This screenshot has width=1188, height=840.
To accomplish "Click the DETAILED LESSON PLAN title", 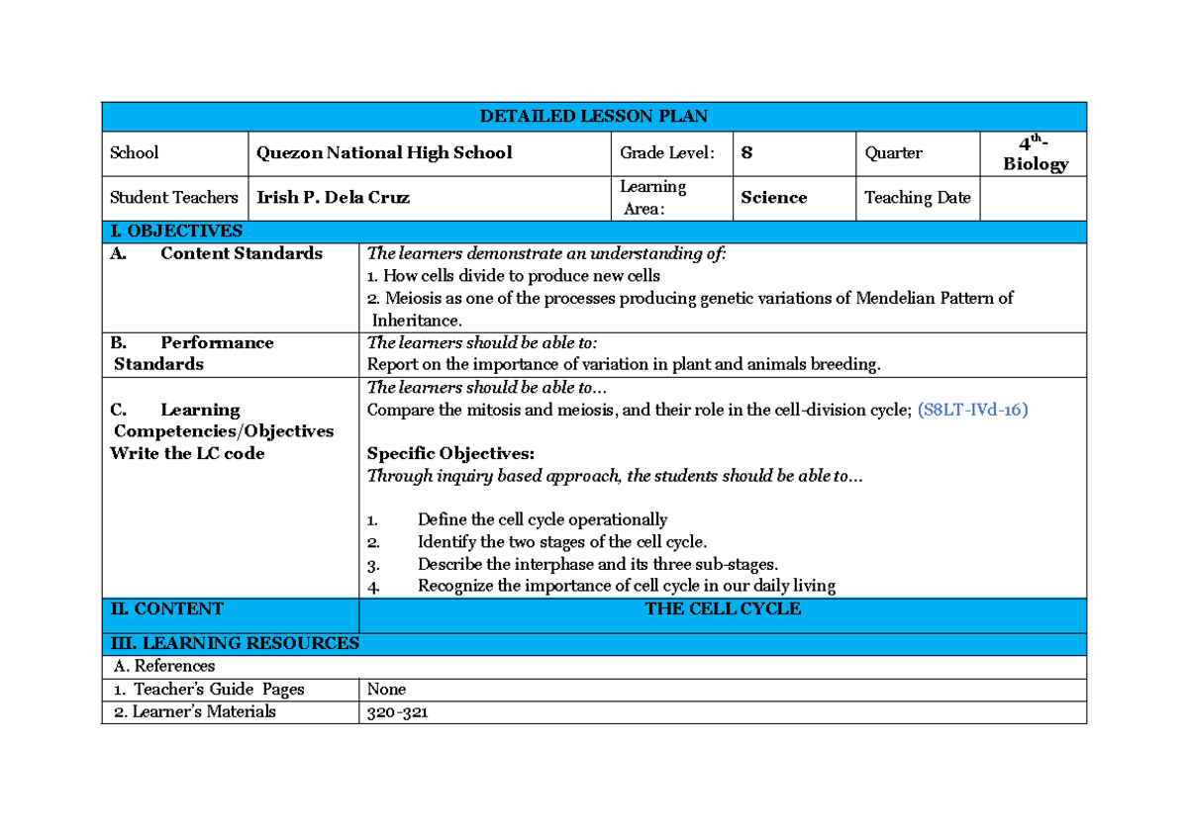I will pyautogui.click(x=593, y=117).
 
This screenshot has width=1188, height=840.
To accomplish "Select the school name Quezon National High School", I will pyautogui.click(x=384, y=153).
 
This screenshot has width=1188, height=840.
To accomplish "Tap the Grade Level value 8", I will pyautogui.click(x=746, y=153).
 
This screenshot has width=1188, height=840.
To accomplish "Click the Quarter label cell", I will pyautogui.click(x=893, y=153).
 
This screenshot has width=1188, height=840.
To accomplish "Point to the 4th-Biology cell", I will pyautogui.click(x=1035, y=154).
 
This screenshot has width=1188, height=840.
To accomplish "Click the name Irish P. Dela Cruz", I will pyautogui.click(x=333, y=198).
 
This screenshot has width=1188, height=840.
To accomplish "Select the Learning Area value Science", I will pyautogui.click(x=773, y=198).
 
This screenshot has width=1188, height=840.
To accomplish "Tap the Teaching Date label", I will pyautogui.click(x=917, y=198).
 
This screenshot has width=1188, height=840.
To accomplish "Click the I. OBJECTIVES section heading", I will pyautogui.click(x=175, y=232).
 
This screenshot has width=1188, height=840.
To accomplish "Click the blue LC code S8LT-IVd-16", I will pyautogui.click(x=972, y=410).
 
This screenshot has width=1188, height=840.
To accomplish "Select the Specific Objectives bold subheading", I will pyautogui.click(x=450, y=454).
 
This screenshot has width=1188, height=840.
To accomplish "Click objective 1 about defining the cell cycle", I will pyautogui.click(x=542, y=519).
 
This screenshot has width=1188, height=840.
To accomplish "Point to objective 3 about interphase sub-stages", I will pyautogui.click(x=597, y=564).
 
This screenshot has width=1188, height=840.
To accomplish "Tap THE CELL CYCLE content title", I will pyautogui.click(x=723, y=609).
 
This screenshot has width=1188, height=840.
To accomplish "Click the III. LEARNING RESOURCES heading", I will pyautogui.click(x=234, y=643).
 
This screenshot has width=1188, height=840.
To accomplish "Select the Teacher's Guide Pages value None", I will pyautogui.click(x=386, y=690).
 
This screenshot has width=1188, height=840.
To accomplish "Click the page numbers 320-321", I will pyautogui.click(x=397, y=712).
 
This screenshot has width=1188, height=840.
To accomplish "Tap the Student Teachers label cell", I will pyautogui.click(x=174, y=198).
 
